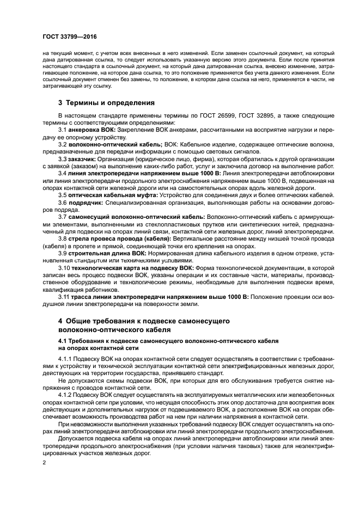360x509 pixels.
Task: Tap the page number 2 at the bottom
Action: (44, 462)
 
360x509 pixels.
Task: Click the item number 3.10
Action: (64, 268)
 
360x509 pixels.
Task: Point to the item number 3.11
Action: (64, 297)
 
